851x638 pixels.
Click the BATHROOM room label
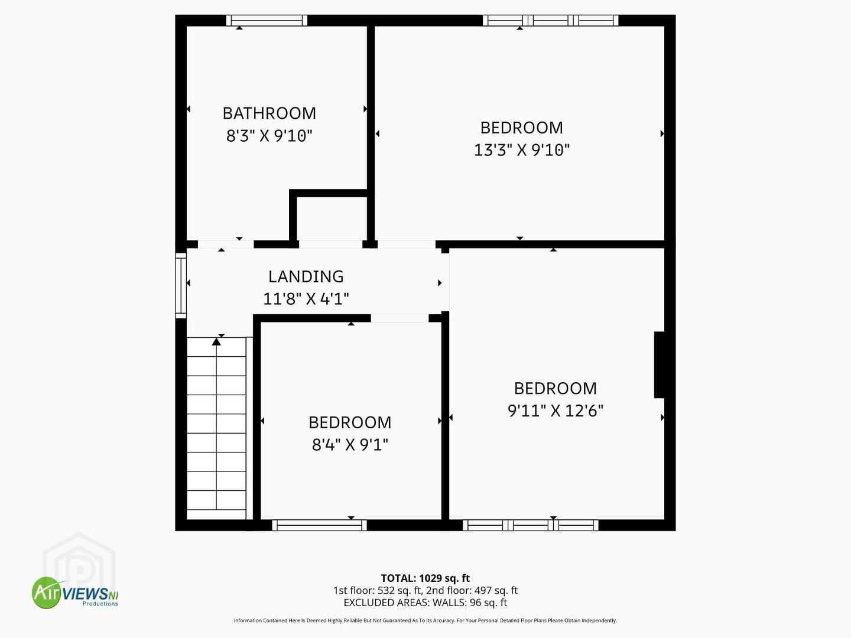pyautogui.click(x=269, y=113)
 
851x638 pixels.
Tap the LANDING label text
pyautogui.click(x=306, y=276)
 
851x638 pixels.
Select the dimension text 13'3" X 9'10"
pyautogui.click(x=521, y=150)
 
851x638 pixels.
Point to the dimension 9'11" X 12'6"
pyautogui.click(x=555, y=411)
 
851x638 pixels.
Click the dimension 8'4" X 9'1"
pyautogui.click(x=350, y=445)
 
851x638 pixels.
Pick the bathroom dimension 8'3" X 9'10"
pyautogui.click(x=269, y=136)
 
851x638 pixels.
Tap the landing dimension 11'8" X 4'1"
pyautogui.click(x=306, y=299)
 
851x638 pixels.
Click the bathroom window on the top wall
pyautogui.click(x=267, y=21)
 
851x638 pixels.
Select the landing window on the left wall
pyautogui.click(x=181, y=285)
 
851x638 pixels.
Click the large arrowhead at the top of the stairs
pyautogui.click(x=216, y=341)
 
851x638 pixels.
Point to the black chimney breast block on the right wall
pyautogui.click(x=660, y=364)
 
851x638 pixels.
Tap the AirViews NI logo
pyautogui.click(x=75, y=593)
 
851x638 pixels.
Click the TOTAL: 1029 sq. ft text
pyautogui.click(x=425, y=578)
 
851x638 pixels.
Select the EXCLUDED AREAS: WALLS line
pyautogui.click(x=425, y=603)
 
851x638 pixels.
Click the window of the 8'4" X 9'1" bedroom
pyautogui.click(x=319, y=525)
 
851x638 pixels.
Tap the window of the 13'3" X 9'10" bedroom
pyautogui.click(x=551, y=21)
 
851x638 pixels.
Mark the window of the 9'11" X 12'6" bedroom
pyautogui.click(x=531, y=525)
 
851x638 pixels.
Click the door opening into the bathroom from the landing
pyautogui.click(x=226, y=245)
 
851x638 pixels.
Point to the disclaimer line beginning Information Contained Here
pyautogui.click(x=425, y=620)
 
